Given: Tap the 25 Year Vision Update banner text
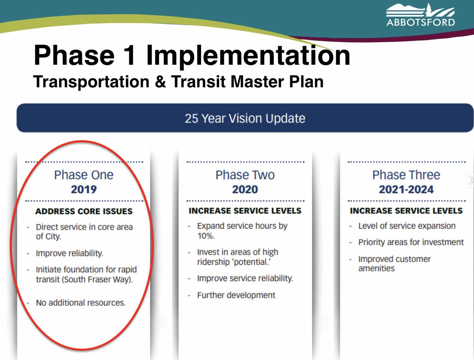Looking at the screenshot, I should [245, 118].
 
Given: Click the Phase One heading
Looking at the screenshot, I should [84, 175].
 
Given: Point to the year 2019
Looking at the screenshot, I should [84, 189].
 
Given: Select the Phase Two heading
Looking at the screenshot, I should [245, 175].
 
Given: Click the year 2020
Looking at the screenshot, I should [245, 189].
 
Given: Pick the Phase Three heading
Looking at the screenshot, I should [406, 175].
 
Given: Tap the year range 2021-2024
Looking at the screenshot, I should [406, 189].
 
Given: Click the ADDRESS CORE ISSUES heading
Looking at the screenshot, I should [84, 211].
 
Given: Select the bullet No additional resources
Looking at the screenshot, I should [81, 303].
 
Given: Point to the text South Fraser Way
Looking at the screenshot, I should [105, 279].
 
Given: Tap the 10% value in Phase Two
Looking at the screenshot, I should [205, 236].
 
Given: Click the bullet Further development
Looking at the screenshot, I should [236, 295].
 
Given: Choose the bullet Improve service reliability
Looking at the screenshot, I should [245, 278].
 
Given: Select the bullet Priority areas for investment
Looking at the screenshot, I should [411, 242].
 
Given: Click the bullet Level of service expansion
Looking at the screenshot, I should [407, 226].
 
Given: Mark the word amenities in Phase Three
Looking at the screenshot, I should [376, 268].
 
